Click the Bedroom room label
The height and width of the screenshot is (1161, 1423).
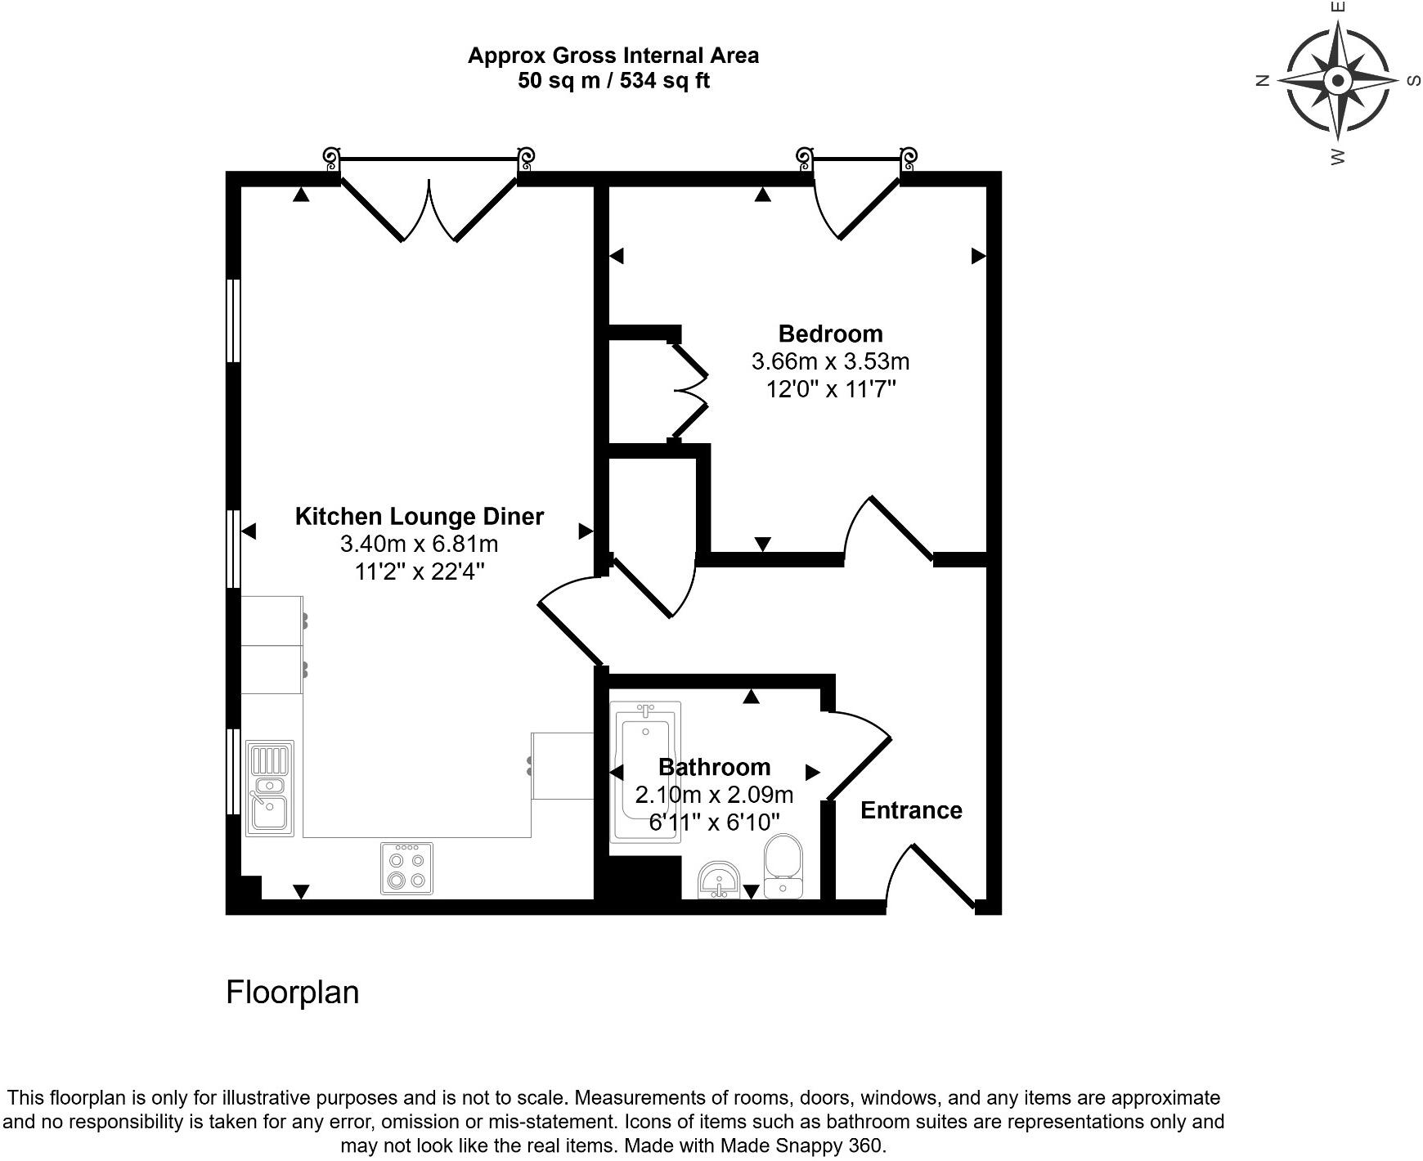830,334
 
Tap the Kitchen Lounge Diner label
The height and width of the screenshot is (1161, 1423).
419,517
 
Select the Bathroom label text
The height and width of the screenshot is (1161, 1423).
714,767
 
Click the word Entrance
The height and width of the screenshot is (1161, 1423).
911,810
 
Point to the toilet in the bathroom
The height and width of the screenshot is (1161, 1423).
783,866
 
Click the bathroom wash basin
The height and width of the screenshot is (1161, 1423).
720,880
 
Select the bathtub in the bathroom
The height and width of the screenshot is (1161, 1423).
646,773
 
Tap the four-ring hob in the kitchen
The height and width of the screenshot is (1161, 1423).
407,868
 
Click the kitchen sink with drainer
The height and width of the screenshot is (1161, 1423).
270,788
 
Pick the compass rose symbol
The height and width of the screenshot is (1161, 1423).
1338,81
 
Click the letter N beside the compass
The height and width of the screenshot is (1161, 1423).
1263,80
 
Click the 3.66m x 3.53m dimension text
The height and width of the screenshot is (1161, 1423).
830,361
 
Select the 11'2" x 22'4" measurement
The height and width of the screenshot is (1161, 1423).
419,572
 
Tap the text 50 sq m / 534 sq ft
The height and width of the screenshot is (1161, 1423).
613,81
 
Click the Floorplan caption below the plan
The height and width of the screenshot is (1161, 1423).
292,992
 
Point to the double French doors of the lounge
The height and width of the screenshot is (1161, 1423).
429,209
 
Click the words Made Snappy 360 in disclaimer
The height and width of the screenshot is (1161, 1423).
801,1145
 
